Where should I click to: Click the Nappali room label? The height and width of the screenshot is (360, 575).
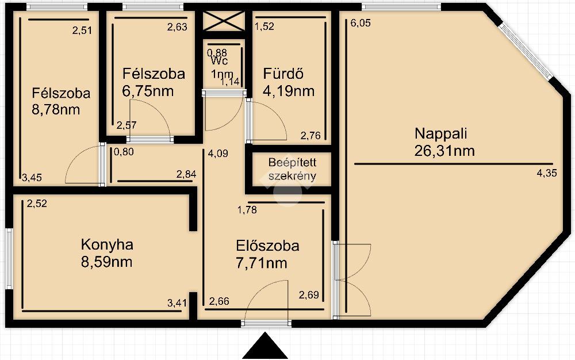point(441,133)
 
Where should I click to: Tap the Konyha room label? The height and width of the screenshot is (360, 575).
point(107,244)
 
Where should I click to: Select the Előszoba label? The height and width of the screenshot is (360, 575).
point(267,246)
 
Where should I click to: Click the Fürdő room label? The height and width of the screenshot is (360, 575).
point(283,74)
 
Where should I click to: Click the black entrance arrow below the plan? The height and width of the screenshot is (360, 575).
point(264,346)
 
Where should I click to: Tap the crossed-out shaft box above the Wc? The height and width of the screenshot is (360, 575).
point(224,21)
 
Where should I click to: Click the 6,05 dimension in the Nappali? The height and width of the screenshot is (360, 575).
point(361,23)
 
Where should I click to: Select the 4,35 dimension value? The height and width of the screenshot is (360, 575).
point(547,173)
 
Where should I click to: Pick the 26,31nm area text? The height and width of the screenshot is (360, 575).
point(444,151)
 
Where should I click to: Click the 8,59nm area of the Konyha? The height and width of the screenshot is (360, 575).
point(107,262)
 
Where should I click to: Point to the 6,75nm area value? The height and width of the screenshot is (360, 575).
point(148,91)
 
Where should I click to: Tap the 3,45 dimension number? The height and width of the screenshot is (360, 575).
point(32,178)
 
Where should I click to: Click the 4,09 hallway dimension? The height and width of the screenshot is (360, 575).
point(218,153)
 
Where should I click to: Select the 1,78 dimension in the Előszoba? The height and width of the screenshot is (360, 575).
point(247,210)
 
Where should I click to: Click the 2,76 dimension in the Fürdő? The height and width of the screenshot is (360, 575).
point(310,136)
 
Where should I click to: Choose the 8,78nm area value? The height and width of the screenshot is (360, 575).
point(56,110)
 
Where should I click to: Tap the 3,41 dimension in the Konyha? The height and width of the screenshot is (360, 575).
point(177,303)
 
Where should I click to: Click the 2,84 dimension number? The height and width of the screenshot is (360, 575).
point(186,174)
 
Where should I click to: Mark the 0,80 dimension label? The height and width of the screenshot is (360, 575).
point(124,152)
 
